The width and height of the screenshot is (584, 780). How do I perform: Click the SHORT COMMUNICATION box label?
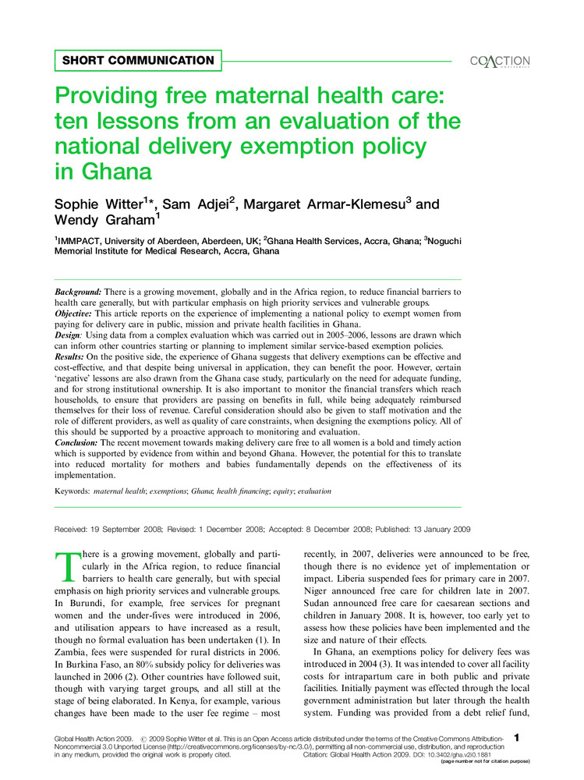[138, 60]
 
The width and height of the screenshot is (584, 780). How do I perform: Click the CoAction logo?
[500, 62]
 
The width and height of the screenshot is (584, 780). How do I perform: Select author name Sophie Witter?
[106, 205]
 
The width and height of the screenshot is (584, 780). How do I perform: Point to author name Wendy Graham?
[97, 222]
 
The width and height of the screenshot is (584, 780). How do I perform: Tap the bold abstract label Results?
[70, 356]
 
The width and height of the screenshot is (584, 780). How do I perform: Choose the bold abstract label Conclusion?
[76, 442]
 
